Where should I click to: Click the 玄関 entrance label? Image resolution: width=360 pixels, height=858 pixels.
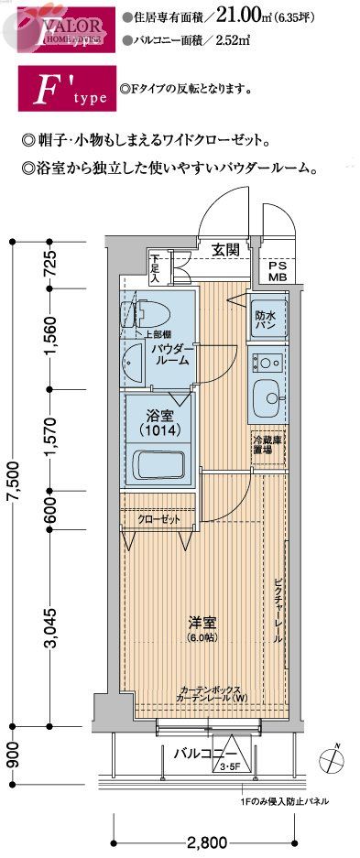[226, 249]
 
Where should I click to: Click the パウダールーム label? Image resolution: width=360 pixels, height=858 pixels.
[170, 355]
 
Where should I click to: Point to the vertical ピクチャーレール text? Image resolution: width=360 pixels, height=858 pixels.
[278, 611]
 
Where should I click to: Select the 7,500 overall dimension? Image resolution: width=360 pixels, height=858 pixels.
[12, 477]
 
